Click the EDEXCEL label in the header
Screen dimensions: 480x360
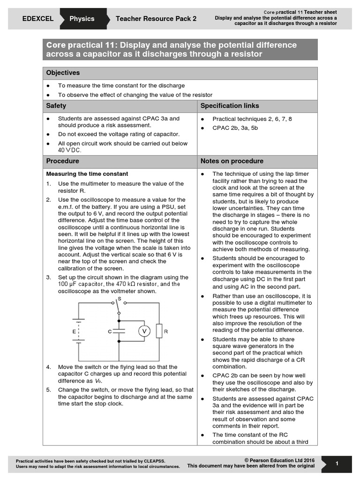38,19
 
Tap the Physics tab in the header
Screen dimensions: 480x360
82,19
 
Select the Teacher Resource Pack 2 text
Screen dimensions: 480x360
156,19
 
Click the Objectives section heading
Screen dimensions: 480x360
63,73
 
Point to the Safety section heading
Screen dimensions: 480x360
56,106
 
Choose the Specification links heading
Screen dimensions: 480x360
230,106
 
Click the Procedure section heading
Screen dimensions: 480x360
62,161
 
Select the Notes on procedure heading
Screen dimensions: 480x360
232,161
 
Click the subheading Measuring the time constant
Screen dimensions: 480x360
87,174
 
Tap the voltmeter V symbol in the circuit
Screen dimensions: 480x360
144,331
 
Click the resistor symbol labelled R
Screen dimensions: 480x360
159,331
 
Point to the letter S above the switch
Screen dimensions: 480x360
119,298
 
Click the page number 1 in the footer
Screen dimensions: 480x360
337,463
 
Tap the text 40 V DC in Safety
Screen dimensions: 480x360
70,150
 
